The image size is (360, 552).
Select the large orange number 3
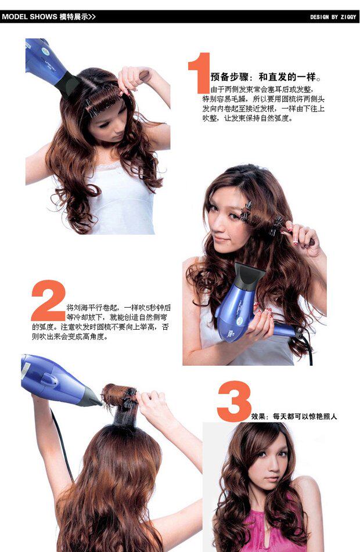tap(234, 401)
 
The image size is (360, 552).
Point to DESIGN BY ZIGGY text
tap(333, 17)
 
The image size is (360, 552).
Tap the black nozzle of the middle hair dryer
tap(249, 275)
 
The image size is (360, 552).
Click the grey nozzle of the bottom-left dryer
tap(92, 397)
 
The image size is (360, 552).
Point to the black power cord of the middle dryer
tap(307, 347)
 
